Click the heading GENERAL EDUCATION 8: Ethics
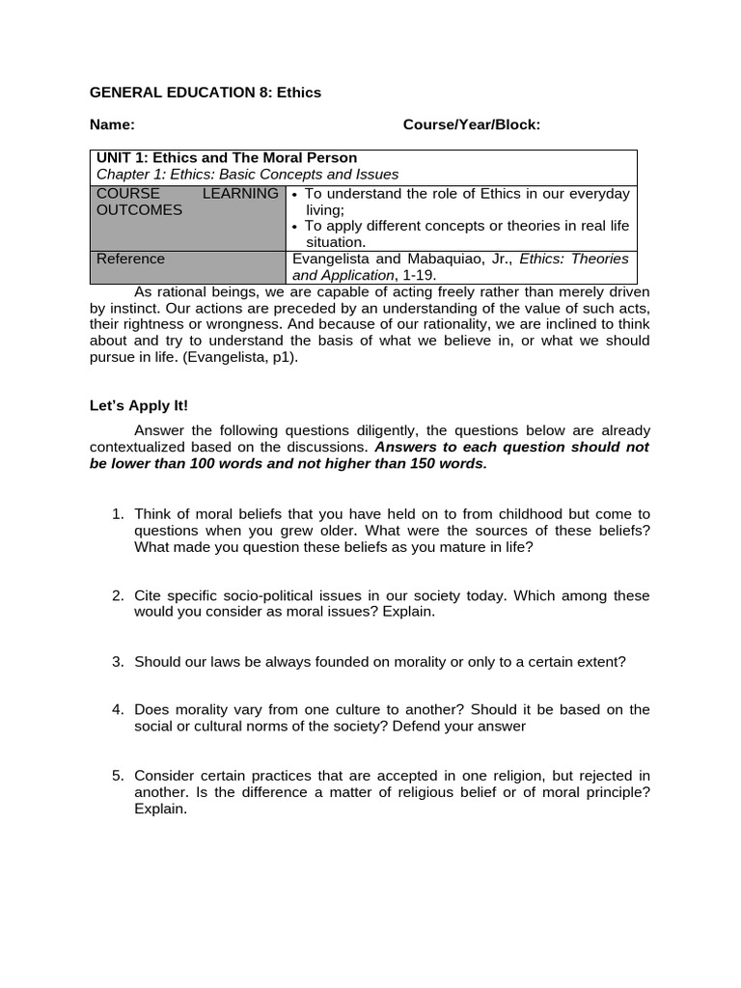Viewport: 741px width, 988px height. [205, 93]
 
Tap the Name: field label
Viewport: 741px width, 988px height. [112, 125]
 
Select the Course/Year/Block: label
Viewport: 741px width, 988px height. [472, 125]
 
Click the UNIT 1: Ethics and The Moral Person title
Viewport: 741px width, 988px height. [226, 158]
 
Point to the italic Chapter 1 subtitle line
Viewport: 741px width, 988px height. [247, 175]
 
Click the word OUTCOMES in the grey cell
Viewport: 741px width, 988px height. [139, 210]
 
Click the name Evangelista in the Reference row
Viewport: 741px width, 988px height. [332, 259]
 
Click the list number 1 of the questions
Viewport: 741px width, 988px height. [118, 514]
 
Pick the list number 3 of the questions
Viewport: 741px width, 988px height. [118, 662]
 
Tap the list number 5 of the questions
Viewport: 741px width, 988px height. [118, 776]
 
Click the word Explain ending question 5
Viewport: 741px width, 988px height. [160, 810]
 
